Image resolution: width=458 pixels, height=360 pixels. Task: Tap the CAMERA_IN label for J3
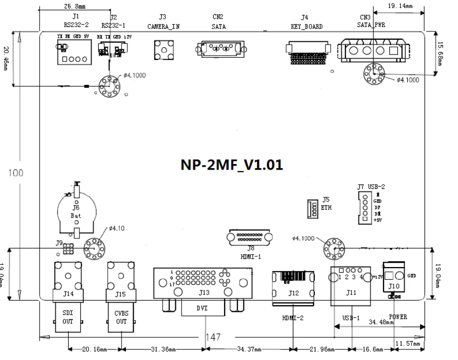click(x=163, y=27)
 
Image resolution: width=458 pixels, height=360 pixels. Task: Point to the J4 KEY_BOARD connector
click(x=307, y=52)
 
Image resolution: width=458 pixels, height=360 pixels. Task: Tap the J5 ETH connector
click(x=311, y=209)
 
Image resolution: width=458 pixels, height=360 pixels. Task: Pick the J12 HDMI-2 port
click(x=293, y=286)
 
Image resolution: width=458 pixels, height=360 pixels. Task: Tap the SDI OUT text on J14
click(x=68, y=317)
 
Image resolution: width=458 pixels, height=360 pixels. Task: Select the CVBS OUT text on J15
click(x=121, y=317)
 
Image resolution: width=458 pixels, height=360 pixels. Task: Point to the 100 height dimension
click(x=17, y=174)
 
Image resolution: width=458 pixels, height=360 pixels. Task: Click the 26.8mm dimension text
click(x=75, y=7)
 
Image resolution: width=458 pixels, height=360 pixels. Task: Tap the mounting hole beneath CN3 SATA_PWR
click(x=374, y=74)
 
